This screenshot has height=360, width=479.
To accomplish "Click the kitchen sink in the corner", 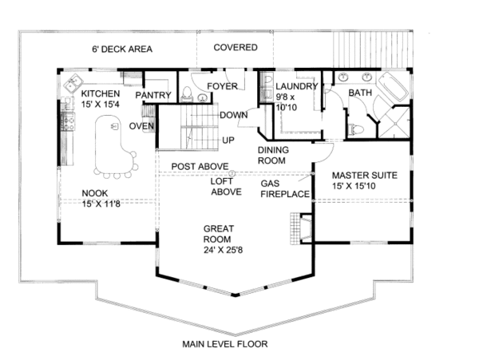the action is [73, 82].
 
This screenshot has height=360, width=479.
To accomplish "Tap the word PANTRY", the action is [153, 95].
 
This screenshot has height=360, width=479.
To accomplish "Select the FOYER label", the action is [223, 86].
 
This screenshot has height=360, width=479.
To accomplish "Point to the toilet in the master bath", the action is [355, 130].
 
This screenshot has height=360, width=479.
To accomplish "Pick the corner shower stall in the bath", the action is [394, 122].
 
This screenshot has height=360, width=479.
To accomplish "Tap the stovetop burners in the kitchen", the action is [68, 121].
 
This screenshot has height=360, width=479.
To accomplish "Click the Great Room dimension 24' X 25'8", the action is [223, 250].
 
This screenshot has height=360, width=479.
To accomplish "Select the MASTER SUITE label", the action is [365, 176].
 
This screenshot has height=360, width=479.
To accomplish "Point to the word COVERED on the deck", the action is [236, 48].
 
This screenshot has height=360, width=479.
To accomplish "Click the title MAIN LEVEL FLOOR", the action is [225, 344].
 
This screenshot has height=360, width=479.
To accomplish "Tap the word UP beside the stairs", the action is [228, 140].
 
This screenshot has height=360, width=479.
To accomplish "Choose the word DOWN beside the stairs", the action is [234, 115].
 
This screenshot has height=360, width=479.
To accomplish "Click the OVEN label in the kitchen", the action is [141, 126].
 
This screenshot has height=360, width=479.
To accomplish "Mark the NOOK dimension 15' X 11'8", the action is [101, 204].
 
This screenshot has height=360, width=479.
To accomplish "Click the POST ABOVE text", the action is [200, 166].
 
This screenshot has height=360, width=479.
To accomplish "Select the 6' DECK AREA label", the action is [122, 49].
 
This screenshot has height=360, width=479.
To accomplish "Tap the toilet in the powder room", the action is [187, 93].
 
